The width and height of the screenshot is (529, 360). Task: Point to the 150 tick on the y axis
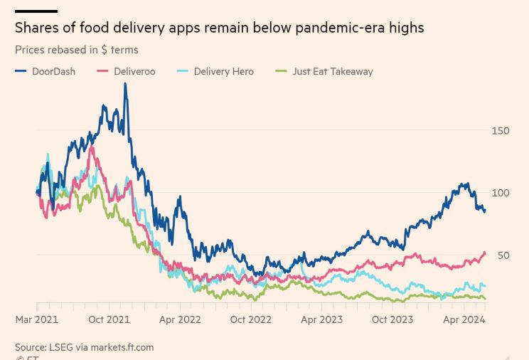tap(500, 131)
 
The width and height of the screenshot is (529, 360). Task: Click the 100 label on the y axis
tap(500, 193)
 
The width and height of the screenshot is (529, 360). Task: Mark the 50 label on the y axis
tap(503, 255)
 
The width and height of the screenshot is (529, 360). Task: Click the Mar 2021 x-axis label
tap(36, 319)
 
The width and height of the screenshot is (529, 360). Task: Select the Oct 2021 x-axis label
tap(109, 319)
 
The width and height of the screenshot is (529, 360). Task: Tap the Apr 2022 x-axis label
tap(180, 319)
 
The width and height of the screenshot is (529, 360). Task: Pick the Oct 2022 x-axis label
tap(251, 319)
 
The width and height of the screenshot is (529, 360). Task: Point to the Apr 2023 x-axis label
tap(322, 319)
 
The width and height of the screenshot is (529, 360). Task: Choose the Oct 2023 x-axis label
tap(392, 319)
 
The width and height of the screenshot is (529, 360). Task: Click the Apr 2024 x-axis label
tap(464, 319)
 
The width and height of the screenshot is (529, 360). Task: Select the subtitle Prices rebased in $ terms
tap(76, 50)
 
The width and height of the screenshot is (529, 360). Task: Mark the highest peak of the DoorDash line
tap(125, 84)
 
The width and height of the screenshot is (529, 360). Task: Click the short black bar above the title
tap(36, 11)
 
